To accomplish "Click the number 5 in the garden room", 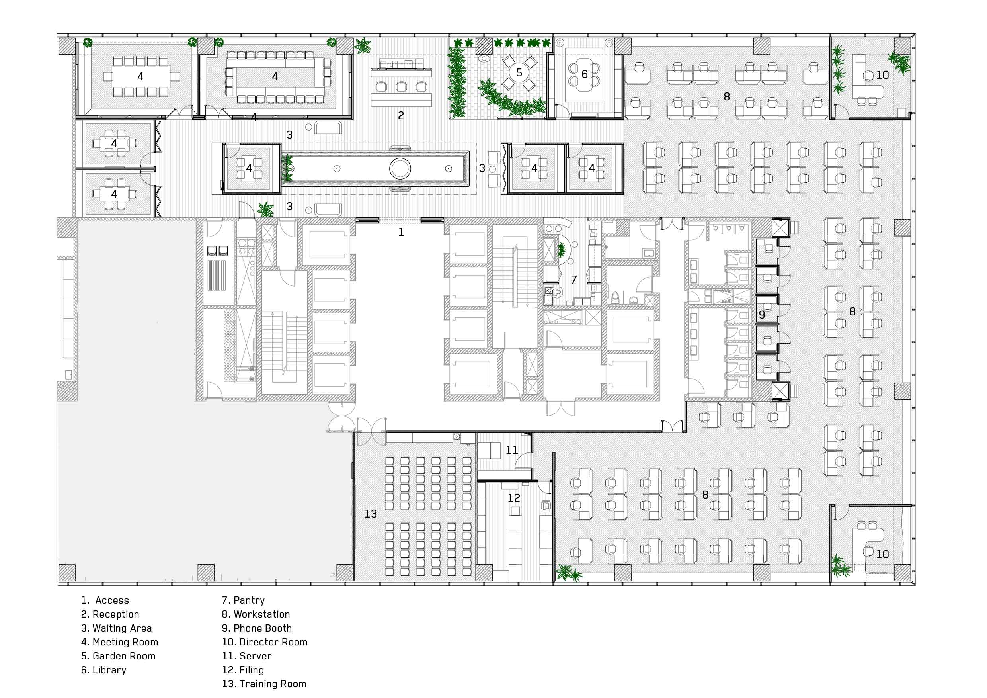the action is coord(519,73).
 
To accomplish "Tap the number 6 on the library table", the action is coord(584,74).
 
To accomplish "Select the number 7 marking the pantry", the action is coord(574,280).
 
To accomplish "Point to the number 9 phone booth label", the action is coord(762,315).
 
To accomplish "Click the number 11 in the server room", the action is coord(511,450).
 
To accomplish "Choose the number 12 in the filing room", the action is coord(514,498).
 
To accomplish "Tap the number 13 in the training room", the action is coord(371,514).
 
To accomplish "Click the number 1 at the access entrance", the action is coord(401,232).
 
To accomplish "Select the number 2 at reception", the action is coord(401,115).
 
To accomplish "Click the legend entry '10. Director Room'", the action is coord(265,642).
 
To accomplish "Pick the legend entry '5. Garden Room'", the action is coord(118,656).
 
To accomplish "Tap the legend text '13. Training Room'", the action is coord(264,684).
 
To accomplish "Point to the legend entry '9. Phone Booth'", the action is coord(257,628).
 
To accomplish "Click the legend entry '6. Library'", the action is coord(103,670).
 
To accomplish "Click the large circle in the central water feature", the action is coord(400,168).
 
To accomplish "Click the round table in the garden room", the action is coord(519,73).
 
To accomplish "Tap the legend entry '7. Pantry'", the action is coord(243,600).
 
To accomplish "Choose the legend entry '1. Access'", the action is coord(105,600).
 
